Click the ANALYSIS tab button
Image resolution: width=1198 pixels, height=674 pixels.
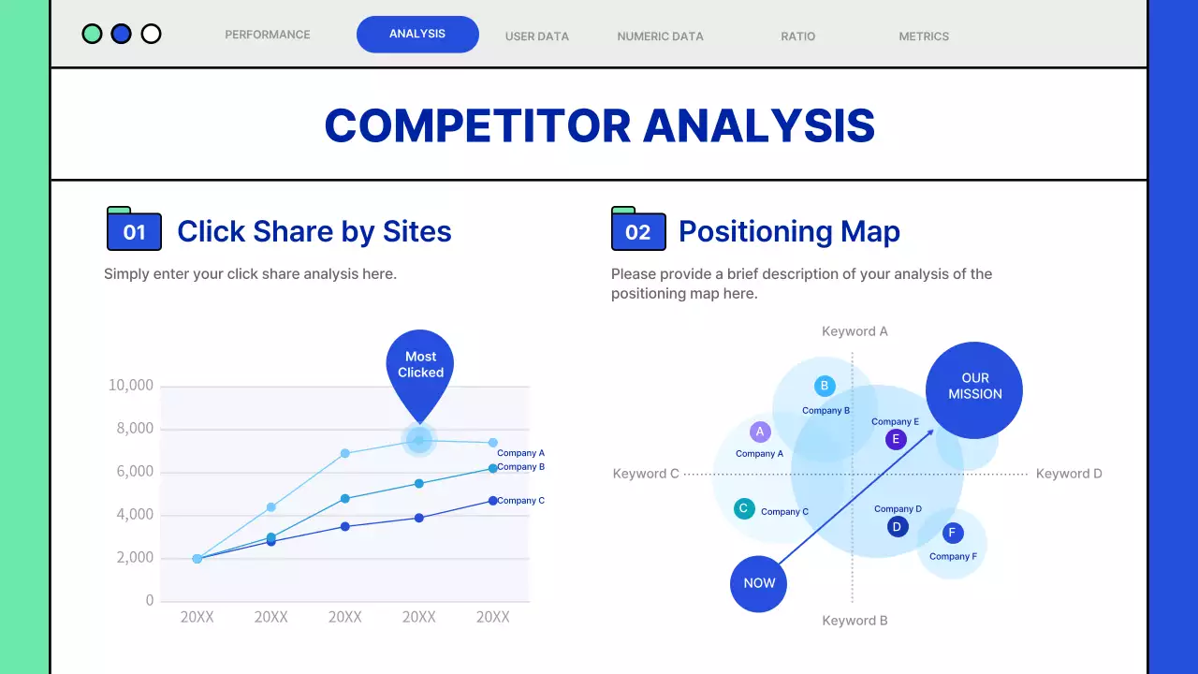pos(417,35)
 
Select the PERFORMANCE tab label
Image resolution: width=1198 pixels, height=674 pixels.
pos(268,35)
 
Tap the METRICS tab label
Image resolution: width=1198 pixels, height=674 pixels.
pos(924,37)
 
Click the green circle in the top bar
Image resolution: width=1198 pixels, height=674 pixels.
pos(92,34)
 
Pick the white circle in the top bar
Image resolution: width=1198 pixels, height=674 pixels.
pos(151,34)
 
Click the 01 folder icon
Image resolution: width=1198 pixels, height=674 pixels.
pos(134,228)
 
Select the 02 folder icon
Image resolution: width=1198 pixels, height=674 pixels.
pos(638,228)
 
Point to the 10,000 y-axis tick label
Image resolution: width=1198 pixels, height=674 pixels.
pos(131,385)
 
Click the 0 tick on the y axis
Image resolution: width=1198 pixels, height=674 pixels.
pos(150,600)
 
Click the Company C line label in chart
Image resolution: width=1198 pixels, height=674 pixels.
pos(521,501)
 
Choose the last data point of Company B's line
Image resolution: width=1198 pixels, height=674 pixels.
pos(492,469)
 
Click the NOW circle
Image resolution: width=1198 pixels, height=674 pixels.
pos(758,583)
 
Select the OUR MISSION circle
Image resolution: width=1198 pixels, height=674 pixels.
pos(974,390)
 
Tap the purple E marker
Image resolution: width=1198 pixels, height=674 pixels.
pos(896,439)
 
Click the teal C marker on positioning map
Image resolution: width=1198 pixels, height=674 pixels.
pos(744,508)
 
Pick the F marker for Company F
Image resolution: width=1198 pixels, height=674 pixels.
pos(953,533)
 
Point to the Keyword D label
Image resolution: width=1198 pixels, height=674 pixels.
pos(1069,474)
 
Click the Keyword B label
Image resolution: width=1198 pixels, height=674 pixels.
pos(855,621)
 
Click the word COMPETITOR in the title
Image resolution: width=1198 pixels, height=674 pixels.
pos(477,126)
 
